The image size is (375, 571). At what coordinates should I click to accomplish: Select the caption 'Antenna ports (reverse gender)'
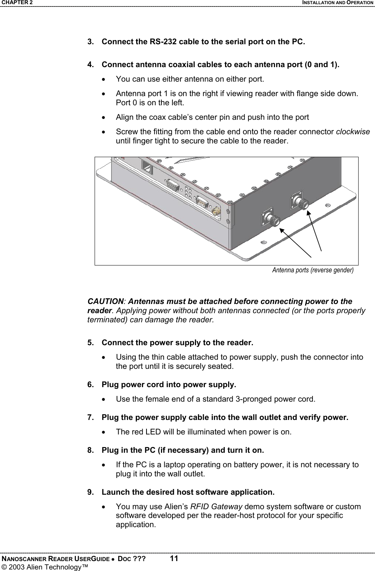(312, 270)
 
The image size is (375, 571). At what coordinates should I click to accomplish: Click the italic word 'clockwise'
(352, 132)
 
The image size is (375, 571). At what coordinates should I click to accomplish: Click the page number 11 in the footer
(174, 558)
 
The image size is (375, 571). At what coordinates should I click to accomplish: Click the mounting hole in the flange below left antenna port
(263, 242)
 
